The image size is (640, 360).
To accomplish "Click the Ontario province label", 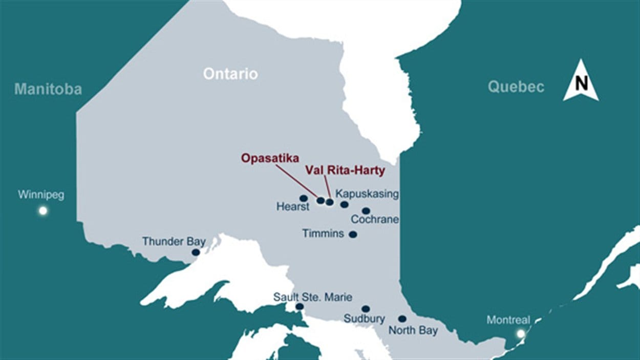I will (x=230, y=74).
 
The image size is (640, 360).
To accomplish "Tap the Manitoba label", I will (x=48, y=89).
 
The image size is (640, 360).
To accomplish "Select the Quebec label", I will (x=516, y=87).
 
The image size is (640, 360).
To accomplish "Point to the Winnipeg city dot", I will (x=43, y=210).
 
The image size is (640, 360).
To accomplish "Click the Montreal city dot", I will (x=521, y=334).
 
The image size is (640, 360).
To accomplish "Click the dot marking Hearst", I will (x=304, y=198).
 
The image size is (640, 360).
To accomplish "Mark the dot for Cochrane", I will (x=366, y=210).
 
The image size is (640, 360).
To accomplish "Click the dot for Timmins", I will (x=353, y=235).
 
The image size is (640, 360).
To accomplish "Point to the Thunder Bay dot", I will (x=196, y=252).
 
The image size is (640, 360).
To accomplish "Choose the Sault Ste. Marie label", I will (x=312, y=297).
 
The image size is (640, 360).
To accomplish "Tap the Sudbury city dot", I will (x=366, y=309).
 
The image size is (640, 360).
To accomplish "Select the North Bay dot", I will (x=402, y=319).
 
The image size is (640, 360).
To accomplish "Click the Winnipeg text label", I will (x=41, y=195).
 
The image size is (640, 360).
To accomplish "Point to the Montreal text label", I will (x=508, y=320).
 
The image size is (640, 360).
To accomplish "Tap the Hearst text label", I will (x=293, y=207).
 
